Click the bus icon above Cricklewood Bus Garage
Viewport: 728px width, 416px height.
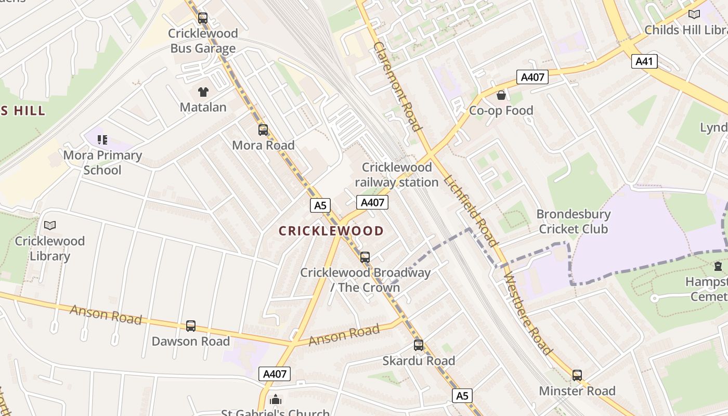coord(203,18)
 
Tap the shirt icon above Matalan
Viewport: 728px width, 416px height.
coord(203,93)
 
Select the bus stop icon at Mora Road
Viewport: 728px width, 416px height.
coord(263,130)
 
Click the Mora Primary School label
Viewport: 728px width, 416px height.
coord(102,163)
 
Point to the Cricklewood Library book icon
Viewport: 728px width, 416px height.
coord(50,225)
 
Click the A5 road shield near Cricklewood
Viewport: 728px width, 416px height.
coord(320,205)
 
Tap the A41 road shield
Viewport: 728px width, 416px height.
coord(644,61)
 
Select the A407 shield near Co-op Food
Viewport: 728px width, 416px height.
coord(532,77)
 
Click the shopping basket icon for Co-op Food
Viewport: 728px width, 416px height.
coord(501,95)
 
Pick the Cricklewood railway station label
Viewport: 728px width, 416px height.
coord(397,175)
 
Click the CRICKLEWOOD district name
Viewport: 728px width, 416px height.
coord(331,231)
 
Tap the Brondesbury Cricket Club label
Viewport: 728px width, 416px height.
coord(573,222)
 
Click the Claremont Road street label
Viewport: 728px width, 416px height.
coord(396,86)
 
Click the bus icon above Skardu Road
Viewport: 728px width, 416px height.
coord(419,345)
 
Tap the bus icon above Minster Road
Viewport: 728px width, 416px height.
coord(577,375)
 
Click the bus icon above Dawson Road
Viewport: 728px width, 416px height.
coord(191,326)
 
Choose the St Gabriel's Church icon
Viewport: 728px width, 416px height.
coord(276,400)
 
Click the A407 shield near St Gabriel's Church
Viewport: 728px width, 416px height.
coord(274,373)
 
